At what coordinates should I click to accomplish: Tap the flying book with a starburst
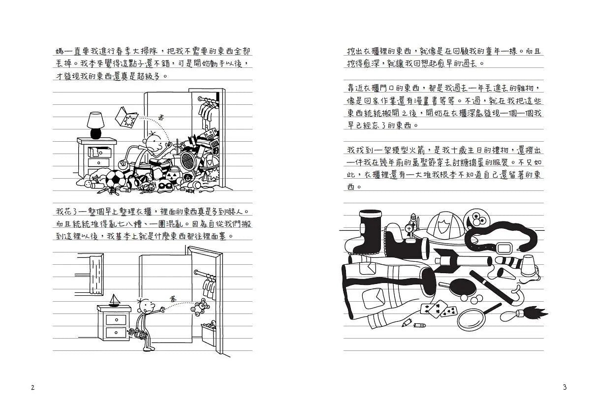[126, 117]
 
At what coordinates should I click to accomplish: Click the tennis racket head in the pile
[187, 158]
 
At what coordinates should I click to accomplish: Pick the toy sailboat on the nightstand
[114, 300]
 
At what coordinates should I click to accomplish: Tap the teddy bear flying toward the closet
[201, 308]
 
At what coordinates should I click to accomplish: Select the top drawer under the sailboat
[114, 318]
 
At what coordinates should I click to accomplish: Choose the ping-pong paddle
[461, 287]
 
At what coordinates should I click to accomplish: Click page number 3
[564, 387]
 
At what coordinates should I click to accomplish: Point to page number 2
[32, 387]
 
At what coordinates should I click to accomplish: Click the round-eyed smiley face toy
[477, 218]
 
